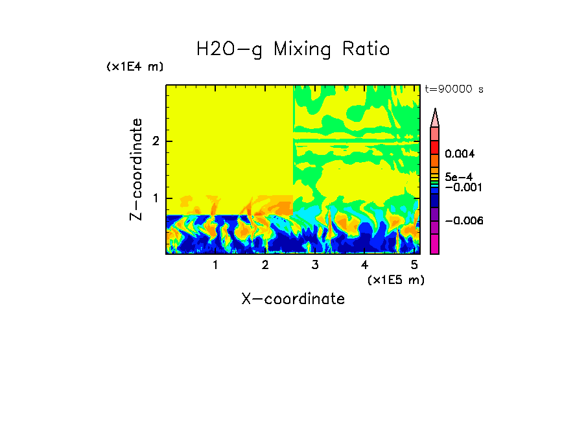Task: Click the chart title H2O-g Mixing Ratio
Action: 293,49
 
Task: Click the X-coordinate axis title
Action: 293,299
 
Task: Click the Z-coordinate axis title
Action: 136,169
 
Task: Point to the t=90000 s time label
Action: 454,89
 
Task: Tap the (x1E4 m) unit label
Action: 135,67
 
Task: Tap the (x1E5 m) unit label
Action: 395,279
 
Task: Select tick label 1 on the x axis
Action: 215,265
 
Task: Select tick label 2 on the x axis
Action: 265,265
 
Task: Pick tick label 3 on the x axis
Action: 315,265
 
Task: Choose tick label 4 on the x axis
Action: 364,265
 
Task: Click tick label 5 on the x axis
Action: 414,265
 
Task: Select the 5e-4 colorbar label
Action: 459,177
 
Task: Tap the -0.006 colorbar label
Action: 462,221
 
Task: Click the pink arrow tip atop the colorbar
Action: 435,117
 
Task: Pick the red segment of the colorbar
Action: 435,147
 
